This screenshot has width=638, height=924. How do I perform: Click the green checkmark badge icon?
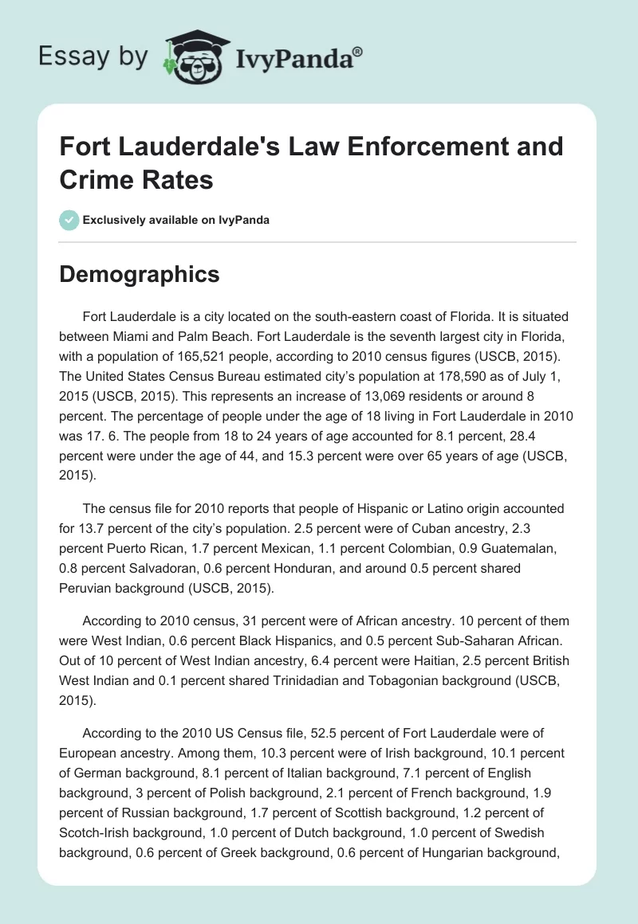pyautogui.click(x=69, y=220)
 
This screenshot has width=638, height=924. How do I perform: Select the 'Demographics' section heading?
pyautogui.click(x=140, y=274)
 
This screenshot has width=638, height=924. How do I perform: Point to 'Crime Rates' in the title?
pyautogui.click(x=136, y=179)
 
